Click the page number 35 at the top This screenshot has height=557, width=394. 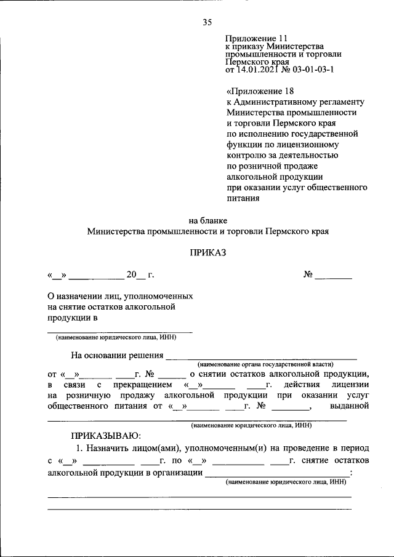207,23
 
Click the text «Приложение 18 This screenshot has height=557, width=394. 253,91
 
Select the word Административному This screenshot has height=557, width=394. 281,102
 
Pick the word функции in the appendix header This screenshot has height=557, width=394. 243,145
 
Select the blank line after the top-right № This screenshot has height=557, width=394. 334,275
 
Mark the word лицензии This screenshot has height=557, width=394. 350,384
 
